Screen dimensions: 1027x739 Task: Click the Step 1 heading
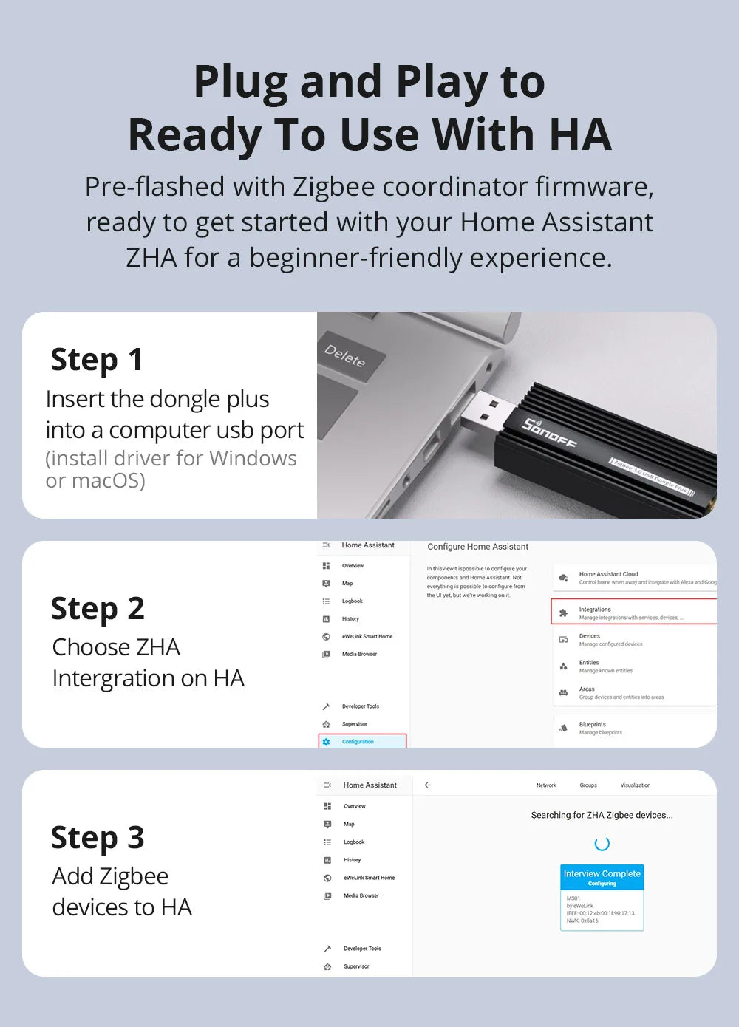point(97,360)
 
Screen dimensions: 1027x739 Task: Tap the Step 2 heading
point(98,609)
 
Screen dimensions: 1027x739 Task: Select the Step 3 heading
point(98,838)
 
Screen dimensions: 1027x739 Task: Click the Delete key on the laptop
point(346,356)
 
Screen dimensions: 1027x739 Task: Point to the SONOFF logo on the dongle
point(549,433)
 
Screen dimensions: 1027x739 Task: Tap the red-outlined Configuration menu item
point(362,741)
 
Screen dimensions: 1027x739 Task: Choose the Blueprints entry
point(593,728)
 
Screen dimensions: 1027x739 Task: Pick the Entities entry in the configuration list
point(590,666)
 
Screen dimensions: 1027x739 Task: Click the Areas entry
point(588,692)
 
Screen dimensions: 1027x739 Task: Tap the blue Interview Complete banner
point(602,876)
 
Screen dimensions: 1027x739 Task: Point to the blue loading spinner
point(602,844)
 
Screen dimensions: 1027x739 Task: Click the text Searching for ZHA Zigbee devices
point(602,815)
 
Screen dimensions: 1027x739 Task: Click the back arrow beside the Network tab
point(427,785)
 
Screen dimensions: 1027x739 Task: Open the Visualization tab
point(635,785)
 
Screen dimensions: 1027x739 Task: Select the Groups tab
point(588,785)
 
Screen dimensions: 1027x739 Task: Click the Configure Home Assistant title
point(477,547)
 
